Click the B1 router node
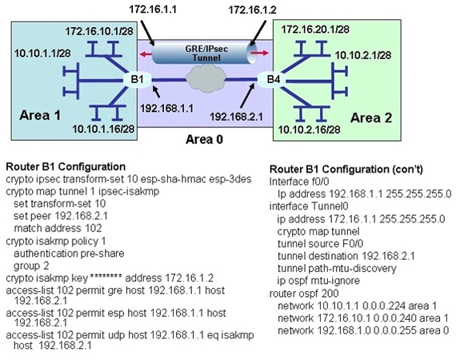pos(137,79)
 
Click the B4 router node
pos(273,79)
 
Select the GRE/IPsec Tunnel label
pos(206,53)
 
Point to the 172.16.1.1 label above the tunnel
pos(153,9)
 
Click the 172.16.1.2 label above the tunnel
pos(252,10)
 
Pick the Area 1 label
pos(40,115)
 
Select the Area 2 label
pos(371,118)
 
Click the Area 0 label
pos(204,139)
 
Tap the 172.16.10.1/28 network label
pos(99,31)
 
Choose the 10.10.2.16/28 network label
pos(310,130)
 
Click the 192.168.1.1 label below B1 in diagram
pos(166,108)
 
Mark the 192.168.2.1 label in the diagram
pos(236,117)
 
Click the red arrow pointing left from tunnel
pos(146,54)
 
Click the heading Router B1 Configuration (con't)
pos(346,170)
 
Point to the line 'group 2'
pos(31,266)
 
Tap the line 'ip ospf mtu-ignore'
pos(318,281)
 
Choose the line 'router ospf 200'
pos(304,293)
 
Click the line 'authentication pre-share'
pos(69,254)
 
